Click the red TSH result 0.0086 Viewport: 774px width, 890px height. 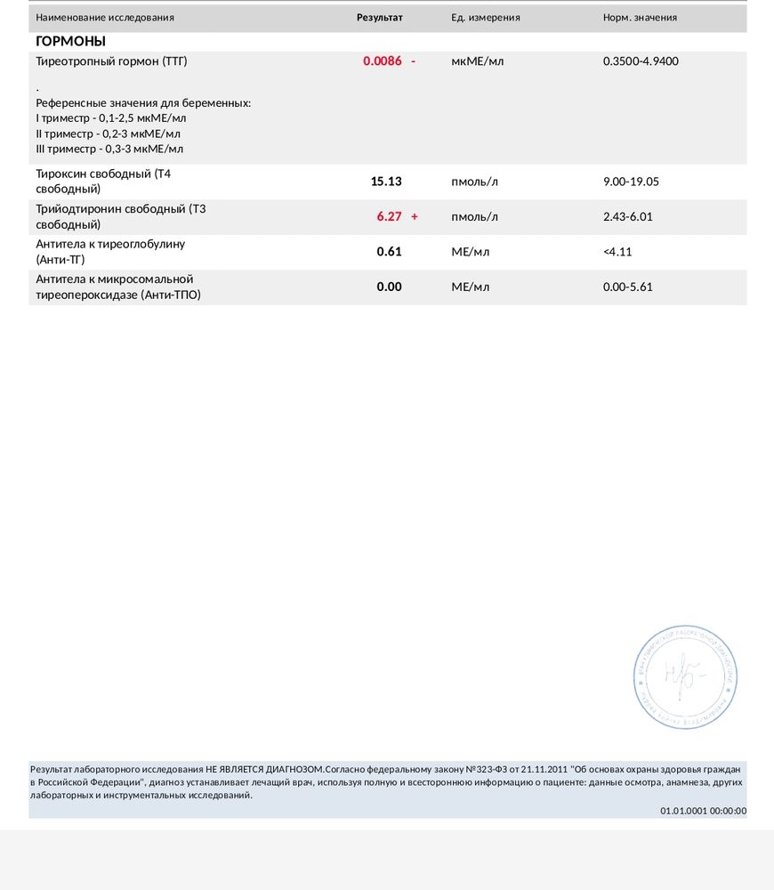click(x=383, y=61)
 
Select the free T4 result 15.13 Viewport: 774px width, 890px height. click(x=386, y=182)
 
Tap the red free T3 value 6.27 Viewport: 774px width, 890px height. click(x=390, y=216)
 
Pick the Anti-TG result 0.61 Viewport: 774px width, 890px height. click(x=390, y=252)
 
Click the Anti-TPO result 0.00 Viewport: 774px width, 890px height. click(x=390, y=287)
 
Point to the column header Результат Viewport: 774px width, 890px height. click(x=380, y=18)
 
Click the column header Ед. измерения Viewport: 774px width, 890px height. click(x=486, y=18)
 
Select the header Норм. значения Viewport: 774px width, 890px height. click(x=640, y=18)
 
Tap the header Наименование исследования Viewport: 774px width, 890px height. click(x=105, y=18)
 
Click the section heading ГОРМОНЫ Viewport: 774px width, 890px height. click(x=70, y=41)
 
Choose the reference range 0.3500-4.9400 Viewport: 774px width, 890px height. click(x=641, y=61)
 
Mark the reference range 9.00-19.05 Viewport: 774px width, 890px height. click(x=631, y=182)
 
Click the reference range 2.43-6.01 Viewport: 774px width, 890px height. click(x=628, y=216)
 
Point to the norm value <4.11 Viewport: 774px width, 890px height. click(x=617, y=252)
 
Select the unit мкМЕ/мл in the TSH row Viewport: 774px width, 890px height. click(x=478, y=61)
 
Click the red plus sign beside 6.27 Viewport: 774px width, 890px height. click(x=415, y=216)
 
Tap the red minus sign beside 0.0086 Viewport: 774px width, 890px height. click(x=414, y=61)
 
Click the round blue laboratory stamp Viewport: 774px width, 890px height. click(x=685, y=677)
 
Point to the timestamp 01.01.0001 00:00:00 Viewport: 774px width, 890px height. click(x=703, y=811)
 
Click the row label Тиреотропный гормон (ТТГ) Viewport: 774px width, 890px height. click(x=111, y=61)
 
